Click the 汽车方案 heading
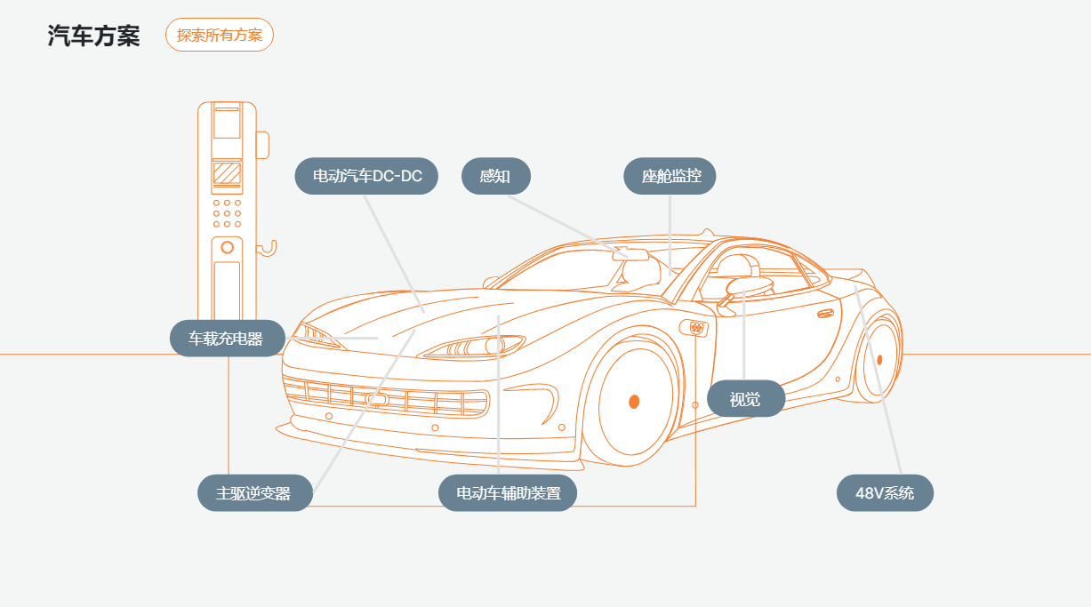[93, 36]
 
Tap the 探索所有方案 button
[220, 36]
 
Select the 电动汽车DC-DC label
[366, 176]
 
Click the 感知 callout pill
[495, 176]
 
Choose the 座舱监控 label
[670, 176]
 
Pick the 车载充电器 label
[228, 339]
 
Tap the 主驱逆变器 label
[255, 493]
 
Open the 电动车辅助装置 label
[508, 493]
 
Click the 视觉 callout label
[745, 399]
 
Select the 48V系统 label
[885, 493]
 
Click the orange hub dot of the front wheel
[634, 401]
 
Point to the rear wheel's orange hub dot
[879, 360]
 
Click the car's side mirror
[749, 285]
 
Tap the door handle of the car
[826, 313]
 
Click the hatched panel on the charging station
[227, 172]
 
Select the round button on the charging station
[228, 246]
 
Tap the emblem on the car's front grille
[377, 399]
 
